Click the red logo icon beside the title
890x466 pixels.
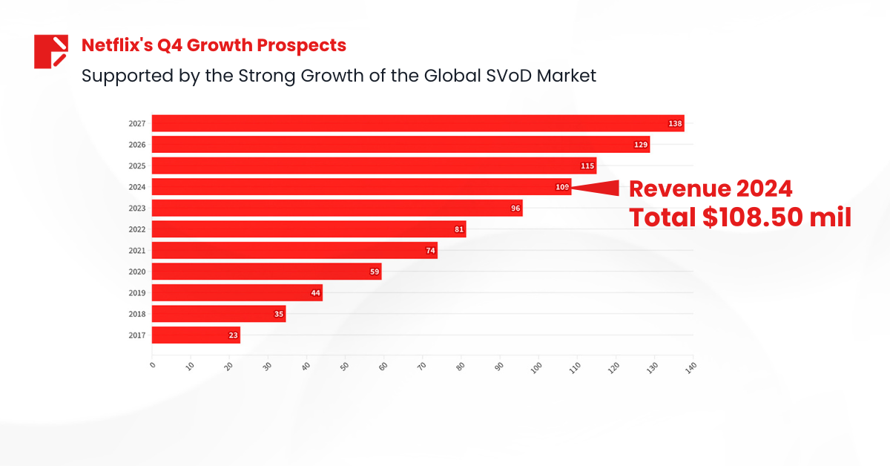pos(50,51)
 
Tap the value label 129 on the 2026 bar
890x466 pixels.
pos(641,145)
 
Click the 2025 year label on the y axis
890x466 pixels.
pos(136,165)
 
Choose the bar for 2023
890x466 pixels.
pos(337,209)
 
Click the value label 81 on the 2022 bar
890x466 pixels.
pos(459,230)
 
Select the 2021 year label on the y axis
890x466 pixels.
pos(136,251)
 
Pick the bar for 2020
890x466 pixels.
pos(266,272)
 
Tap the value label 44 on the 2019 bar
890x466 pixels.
pos(316,293)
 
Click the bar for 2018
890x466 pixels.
pos(219,315)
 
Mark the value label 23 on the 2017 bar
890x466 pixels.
pos(233,335)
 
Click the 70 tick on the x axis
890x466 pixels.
pos(421,367)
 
